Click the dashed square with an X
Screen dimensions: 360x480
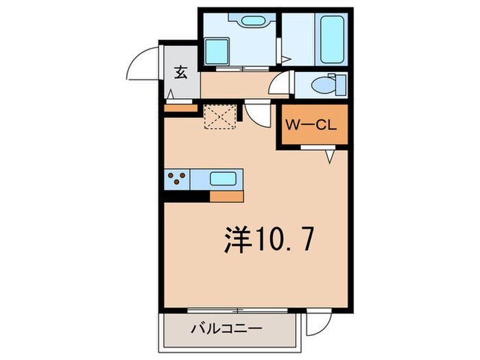(220, 116)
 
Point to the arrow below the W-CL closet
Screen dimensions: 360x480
(330, 157)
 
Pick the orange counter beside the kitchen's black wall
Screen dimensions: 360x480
(227, 197)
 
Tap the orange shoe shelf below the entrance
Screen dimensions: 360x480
(180, 107)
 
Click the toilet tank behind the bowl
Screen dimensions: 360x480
(340, 87)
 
